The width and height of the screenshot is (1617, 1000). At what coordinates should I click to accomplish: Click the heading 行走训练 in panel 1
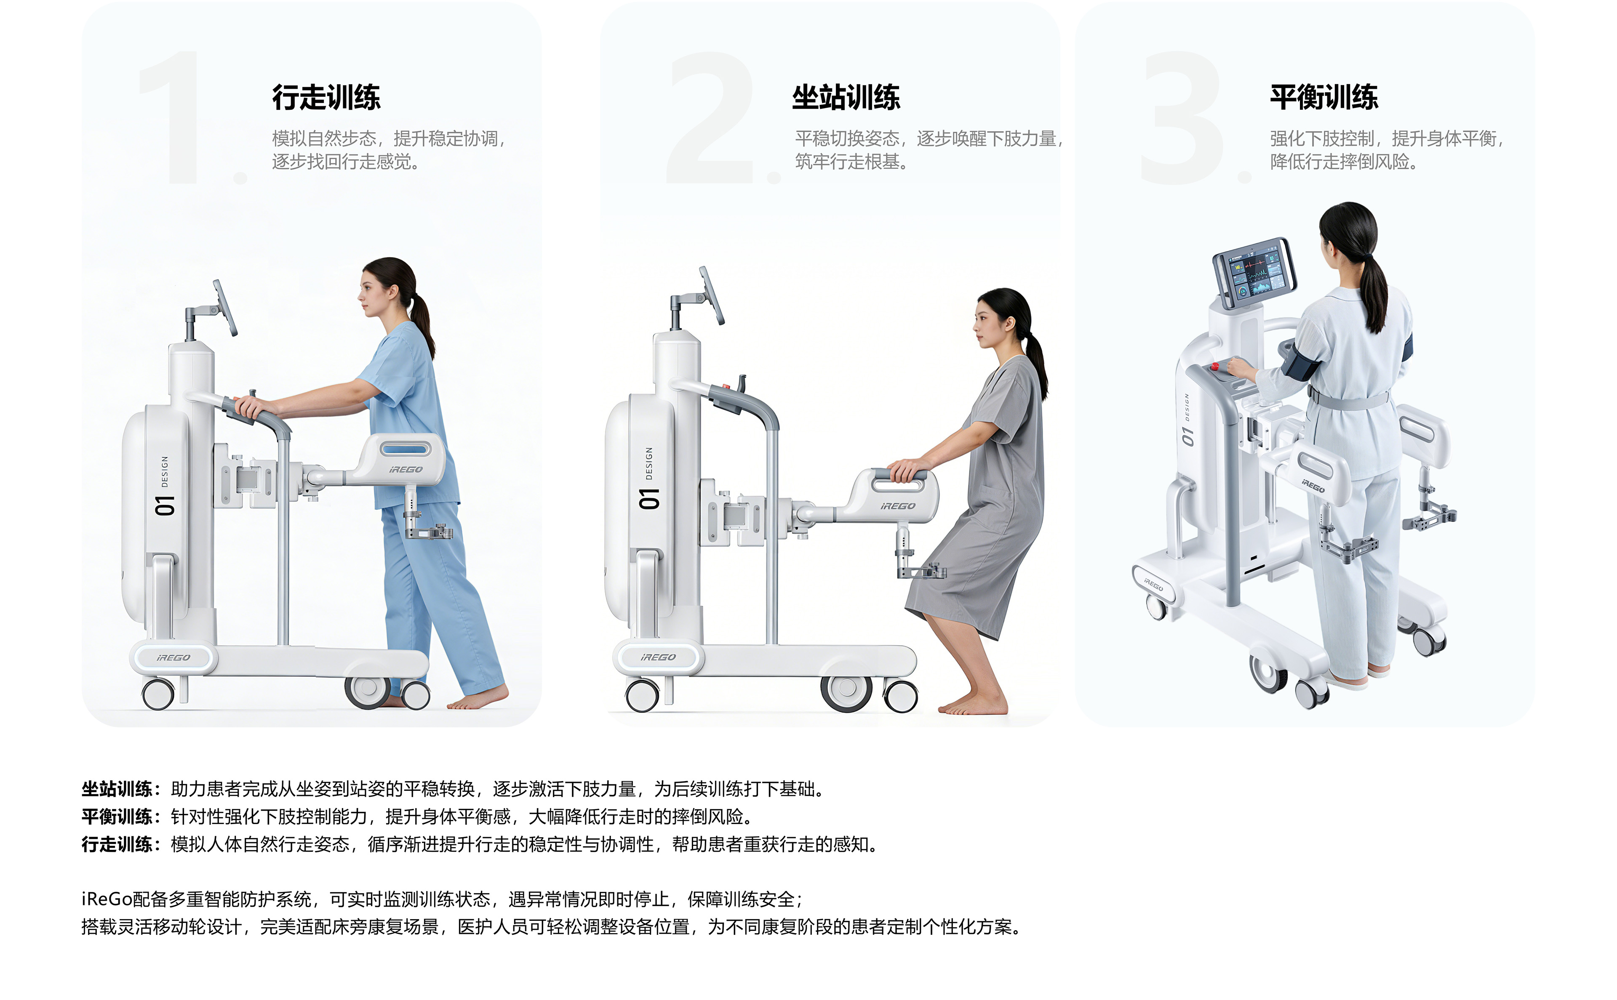(x=326, y=97)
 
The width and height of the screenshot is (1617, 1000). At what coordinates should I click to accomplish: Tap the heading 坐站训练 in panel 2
(x=846, y=97)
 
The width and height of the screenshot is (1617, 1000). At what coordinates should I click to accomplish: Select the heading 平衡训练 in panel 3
(x=1324, y=97)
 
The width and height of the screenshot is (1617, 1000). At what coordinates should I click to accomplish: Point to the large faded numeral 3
(x=1182, y=118)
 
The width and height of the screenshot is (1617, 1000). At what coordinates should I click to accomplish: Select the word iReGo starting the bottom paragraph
(x=107, y=899)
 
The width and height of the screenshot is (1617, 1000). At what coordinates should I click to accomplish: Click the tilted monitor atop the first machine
(x=225, y=308)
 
